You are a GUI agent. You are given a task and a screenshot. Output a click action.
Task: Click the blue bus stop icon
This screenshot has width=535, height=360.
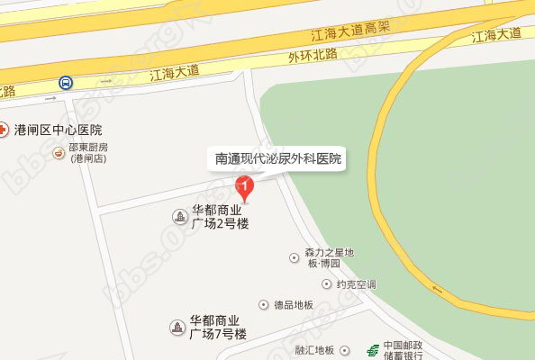(66, 83)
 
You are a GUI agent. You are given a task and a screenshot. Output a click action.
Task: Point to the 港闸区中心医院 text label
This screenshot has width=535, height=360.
(58, 130)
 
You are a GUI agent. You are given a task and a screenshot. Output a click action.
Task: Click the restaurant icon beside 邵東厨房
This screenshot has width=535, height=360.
(59, 152)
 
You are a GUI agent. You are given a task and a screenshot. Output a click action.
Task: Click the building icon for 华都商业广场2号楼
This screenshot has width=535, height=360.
(179, 217)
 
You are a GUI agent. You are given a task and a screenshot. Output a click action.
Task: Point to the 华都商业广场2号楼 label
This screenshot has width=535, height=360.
(219, 217)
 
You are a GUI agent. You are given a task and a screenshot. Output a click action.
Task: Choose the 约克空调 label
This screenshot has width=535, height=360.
(356, 284)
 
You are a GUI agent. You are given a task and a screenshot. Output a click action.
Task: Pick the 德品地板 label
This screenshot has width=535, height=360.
(294, 305)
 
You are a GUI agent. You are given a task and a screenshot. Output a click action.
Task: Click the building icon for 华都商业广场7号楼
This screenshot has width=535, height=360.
(179, 327)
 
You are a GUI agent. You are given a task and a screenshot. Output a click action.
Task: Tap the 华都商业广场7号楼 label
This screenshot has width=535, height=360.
(219, 327)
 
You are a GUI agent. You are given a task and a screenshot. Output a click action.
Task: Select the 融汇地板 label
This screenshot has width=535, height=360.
(314, 350)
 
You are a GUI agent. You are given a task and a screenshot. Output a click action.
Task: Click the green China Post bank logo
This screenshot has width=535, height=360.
(370, 350)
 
